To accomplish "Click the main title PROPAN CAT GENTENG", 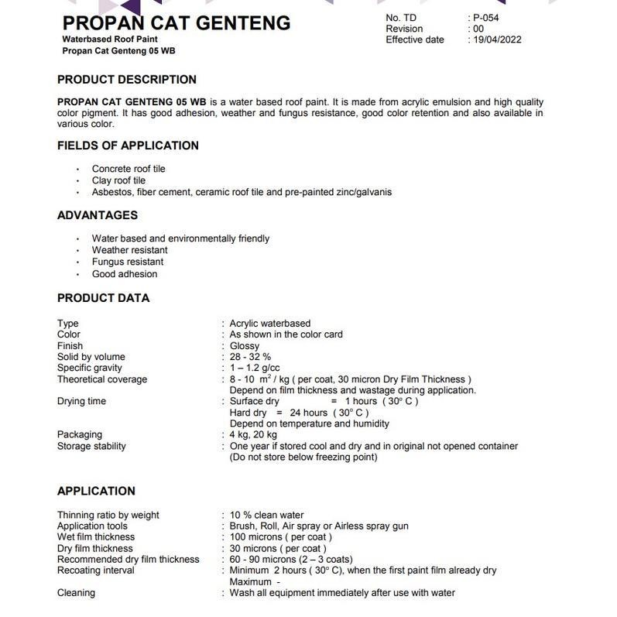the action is coord(176,23).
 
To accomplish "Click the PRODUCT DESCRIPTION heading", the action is coord(127,80).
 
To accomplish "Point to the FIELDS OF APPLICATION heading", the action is coord(128,146).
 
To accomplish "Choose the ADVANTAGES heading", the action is coord(98,215).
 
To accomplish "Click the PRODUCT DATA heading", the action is coord(104,298).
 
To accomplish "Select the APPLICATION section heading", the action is coord(96,491).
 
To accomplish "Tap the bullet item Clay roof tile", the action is coord(118,180).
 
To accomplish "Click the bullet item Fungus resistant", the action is coord(128,262).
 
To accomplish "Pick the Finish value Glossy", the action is coord(245,346).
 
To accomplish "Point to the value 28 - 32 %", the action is coord(250,357).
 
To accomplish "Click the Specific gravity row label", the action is coord(90,368).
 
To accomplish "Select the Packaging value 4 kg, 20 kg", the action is coord(253,435).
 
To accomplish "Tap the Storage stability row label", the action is coord(91,446).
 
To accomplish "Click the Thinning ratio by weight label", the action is coord(108,515).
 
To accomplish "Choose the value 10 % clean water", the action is coord(266,515).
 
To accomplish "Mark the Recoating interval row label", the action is coord(96,571).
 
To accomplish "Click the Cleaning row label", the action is coord(77,593).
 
